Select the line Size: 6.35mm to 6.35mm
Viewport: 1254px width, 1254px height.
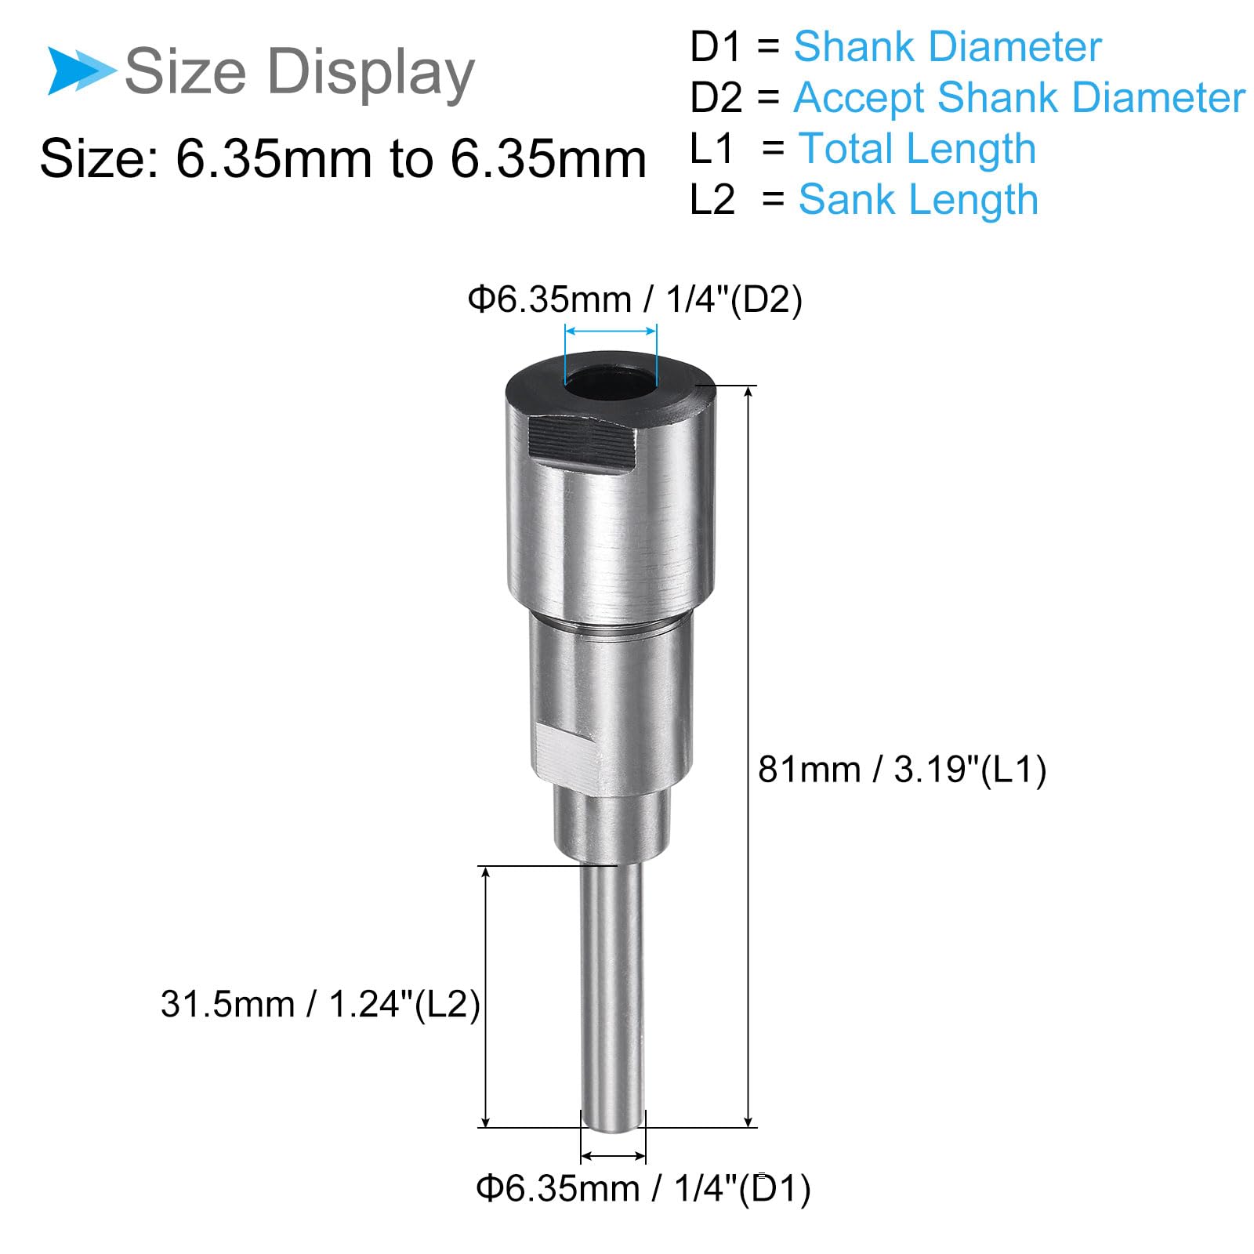(343, 158)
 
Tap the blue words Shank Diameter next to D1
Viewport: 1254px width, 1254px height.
(948, 46)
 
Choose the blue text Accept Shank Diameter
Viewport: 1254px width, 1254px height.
(1019, 98)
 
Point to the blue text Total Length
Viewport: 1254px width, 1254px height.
(917, 149)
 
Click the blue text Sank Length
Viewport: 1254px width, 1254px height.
(919, 199)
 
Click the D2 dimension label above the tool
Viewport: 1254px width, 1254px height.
(635, 299)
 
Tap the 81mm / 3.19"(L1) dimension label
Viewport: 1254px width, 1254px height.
(902, 769)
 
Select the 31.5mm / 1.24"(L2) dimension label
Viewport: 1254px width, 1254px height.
(321, 1004)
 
